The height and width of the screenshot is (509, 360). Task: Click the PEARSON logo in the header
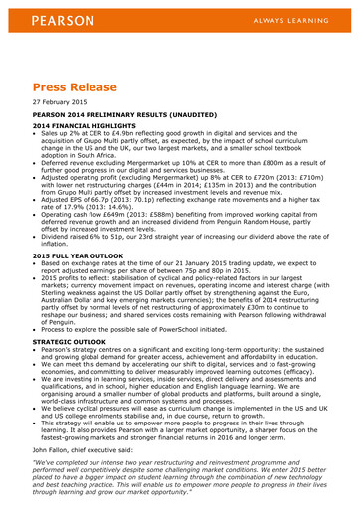click(x=63, y=20)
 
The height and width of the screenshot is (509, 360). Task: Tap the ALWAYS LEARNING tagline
click(x=292, y=20)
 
